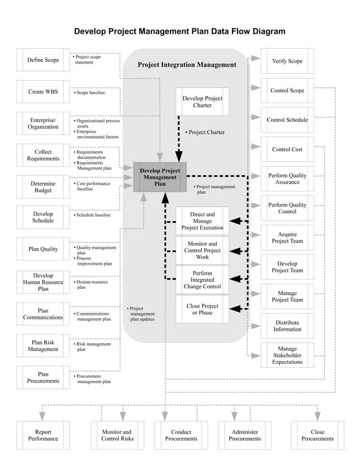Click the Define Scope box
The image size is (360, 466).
click(43, 60)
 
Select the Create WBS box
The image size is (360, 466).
click(43, 92)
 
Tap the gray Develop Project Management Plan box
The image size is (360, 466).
click(160, 177)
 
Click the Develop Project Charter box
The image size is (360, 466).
click(202, 102)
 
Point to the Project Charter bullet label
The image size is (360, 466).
click(205, 133)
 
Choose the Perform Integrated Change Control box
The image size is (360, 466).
click(202, 280)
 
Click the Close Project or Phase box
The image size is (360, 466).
click(202, 309)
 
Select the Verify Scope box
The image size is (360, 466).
click(287, 61)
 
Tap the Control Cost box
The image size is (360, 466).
click(287, 150)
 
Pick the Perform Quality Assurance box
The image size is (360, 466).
click(287, 179)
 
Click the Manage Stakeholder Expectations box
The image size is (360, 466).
click(287, 355)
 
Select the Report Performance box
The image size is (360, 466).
click(43, 435)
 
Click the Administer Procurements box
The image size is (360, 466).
click(245, 435)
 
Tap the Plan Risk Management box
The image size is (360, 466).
click(43, 346)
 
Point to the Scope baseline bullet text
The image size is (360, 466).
click(90, 93)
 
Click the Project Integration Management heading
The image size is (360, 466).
click(187, 65)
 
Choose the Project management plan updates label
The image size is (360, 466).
click(142, 314)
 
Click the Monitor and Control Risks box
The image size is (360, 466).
click(118, 435)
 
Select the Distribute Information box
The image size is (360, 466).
click(287, 326)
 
